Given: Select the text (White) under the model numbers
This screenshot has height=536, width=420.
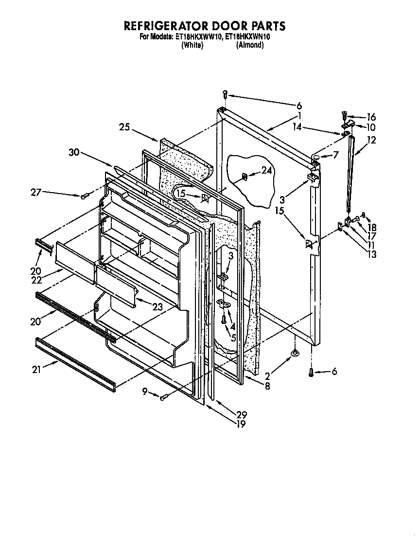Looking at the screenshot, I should coord(192,45).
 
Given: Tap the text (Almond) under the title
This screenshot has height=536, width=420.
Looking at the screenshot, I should coord(250,45).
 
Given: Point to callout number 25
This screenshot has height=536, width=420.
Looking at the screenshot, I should coord(125,127).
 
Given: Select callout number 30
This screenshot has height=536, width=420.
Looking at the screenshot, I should coord(73,152).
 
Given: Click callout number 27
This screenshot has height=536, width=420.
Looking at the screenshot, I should coord(36,193).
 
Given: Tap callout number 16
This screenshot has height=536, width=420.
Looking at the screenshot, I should coord(371,117).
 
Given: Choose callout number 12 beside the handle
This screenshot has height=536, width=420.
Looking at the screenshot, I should coord(371,141).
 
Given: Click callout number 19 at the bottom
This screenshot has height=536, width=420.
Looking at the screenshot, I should coord(241,424).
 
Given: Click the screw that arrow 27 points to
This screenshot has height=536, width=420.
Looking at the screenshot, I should coord(84,196).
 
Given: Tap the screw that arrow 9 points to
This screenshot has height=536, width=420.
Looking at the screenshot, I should coord(164,397).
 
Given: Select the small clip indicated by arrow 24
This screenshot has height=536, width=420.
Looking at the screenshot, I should coord(245,177).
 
